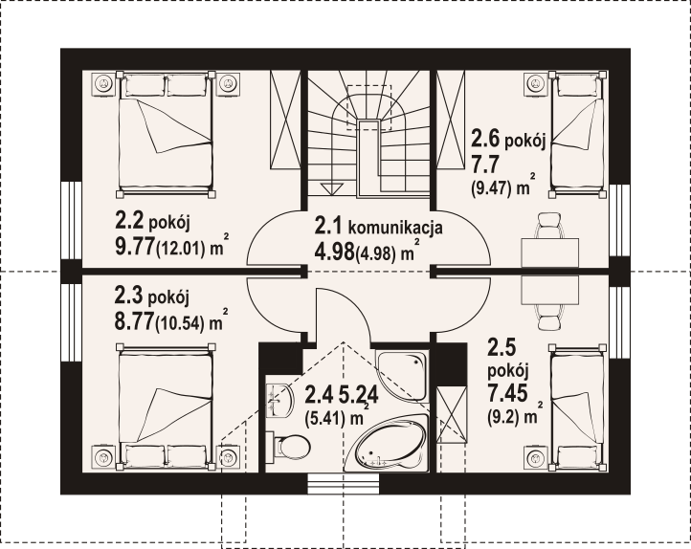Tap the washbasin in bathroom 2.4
279,400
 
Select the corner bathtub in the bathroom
391,443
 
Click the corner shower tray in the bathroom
402,376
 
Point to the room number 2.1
328,227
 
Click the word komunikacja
395,228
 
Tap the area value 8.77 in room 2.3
134,322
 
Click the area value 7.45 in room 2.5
507,392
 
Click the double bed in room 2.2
167,134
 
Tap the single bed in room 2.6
577,134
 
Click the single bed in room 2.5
577,407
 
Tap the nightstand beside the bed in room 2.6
535,82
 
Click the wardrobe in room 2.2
285,119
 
